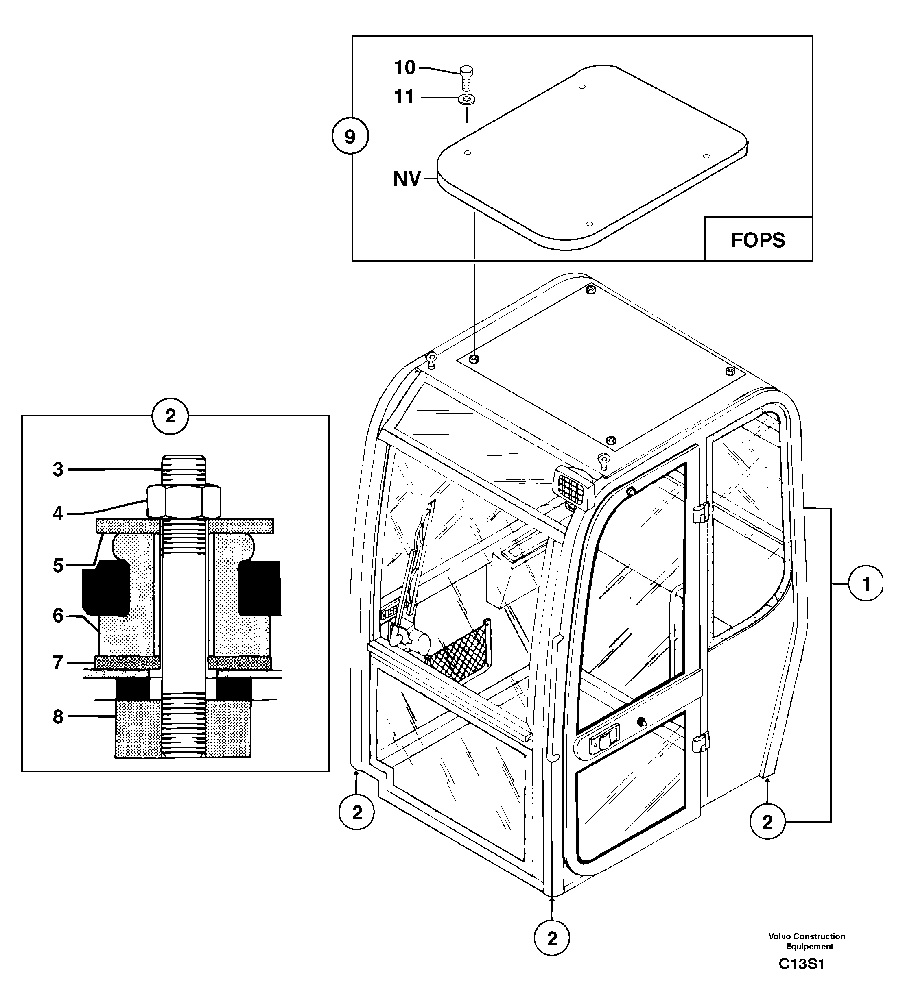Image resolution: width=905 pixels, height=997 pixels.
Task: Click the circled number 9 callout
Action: (350, 137)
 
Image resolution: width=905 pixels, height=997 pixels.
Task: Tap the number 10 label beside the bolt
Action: (405, 67)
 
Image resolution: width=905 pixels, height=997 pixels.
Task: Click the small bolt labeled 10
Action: (466, 78)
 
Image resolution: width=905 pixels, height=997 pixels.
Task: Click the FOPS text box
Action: (758, 240)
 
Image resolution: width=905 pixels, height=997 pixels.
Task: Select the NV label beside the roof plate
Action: (407, 179)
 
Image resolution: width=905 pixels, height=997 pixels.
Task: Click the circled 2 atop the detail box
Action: (170, 416)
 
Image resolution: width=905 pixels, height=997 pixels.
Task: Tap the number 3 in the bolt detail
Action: (58, 469)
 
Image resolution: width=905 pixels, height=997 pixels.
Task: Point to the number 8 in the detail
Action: (58, 716)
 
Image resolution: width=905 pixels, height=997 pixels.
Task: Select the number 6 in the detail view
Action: (58, 616)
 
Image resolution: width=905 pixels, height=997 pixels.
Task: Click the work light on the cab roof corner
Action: (574, 487)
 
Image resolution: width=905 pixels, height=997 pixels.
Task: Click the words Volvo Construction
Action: (807, 936)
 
